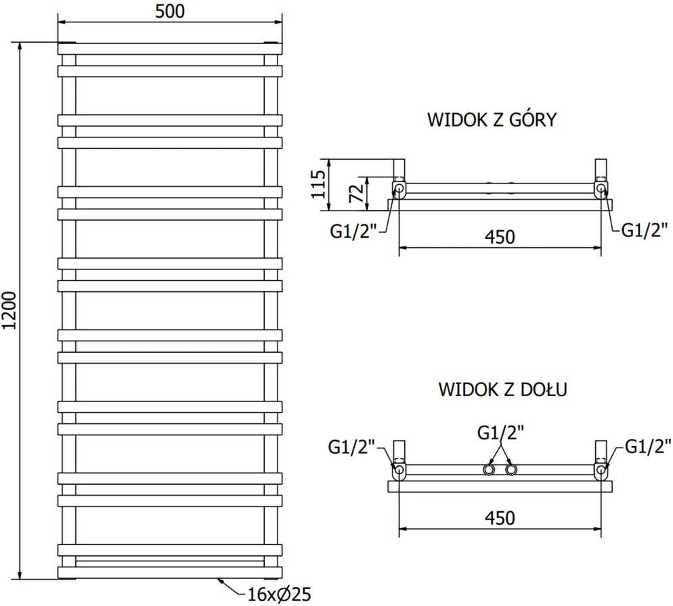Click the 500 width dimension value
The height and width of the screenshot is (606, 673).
[x=170, y=12]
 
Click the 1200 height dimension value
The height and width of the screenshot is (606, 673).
[x=9, y=310]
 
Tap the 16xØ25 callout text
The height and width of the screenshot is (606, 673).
[x=280, y=594]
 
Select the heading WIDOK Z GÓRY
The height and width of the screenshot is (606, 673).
[x=492, y=120]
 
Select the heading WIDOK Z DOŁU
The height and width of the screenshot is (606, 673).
[x=502, y=389]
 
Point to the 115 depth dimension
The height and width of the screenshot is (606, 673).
[x=318, y=184]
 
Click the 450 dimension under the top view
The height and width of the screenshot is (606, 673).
[x=500, y=237]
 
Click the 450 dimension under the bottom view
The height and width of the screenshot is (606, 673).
[x=500, y=518]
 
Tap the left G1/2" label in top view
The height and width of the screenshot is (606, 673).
[x=353, y=232]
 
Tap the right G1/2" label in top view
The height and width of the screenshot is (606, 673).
[x=645, y=230]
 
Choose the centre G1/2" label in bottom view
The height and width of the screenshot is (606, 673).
[x=500, y=433]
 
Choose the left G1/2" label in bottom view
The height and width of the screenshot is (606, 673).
[x=351, y=447]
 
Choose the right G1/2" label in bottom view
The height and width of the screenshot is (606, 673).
[x=648, y=446]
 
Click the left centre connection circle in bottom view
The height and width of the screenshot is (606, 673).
[x=489, y=469]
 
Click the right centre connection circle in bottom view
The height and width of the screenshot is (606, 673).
[x=511, y=469]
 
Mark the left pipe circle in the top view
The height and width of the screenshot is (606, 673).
[x=399, y=188]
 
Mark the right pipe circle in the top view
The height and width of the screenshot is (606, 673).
[x=601, y=188]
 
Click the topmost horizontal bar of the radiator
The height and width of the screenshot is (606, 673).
[x=170, y=49]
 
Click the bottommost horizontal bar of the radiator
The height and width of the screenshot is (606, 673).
[x=170, y=573]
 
